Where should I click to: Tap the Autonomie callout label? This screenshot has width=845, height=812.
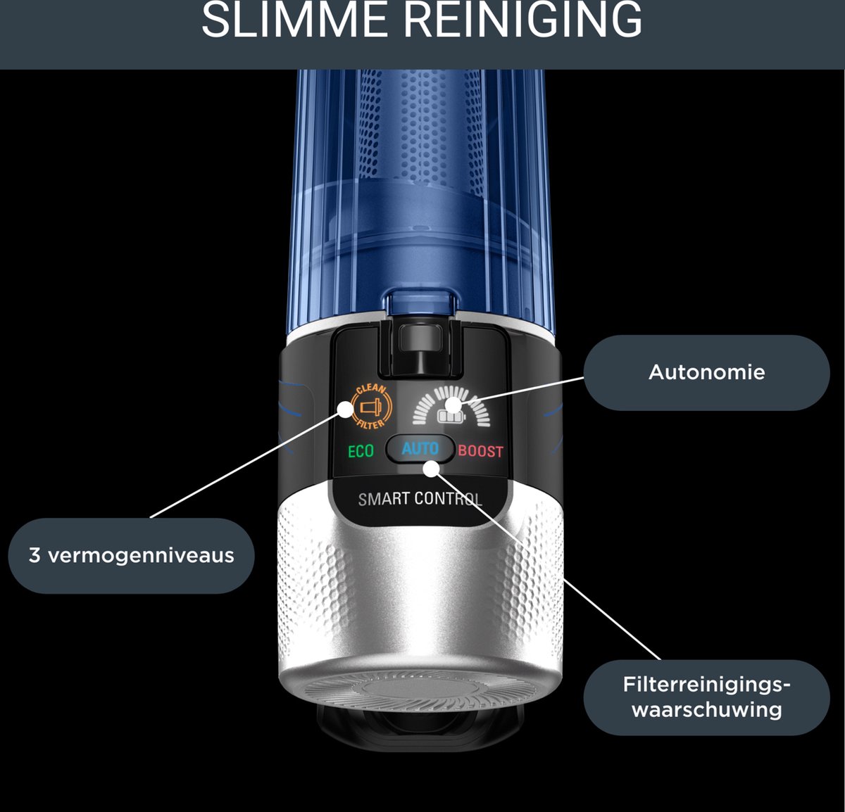pyautogui.click(x=706, y=372)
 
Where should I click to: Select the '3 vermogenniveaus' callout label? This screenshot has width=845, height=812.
pyautogui.click(x=131, y=555)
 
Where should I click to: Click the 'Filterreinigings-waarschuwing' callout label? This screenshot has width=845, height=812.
pyautogui.click(x=706, y=697)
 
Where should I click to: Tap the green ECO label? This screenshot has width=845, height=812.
pyautogui.click(x=361, y=451)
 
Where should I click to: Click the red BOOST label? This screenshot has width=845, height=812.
pyautogui.click(x=481, y=451)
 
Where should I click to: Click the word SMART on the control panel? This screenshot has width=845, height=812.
pyautogui.click(x=384, y=500)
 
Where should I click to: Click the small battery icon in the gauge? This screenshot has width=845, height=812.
pyautogui.click(x=448, y=417)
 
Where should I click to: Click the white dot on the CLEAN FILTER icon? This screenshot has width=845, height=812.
pyautogui.click(x=345, y=409)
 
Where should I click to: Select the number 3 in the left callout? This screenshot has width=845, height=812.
pyautogui.click(x=35, y=555)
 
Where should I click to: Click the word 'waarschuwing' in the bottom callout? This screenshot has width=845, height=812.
pyautogui.click(x=706, y=709)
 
